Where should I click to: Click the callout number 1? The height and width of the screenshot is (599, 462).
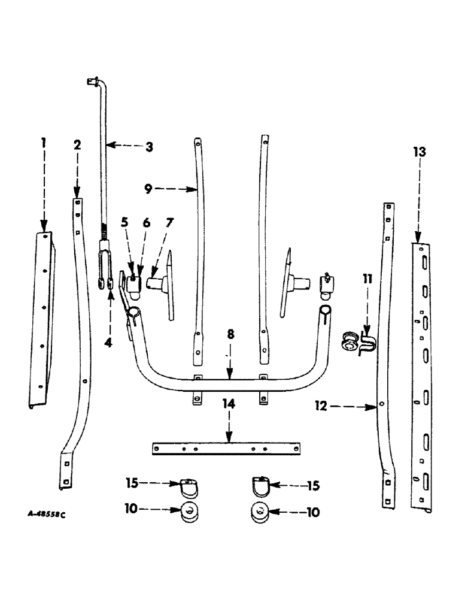[43, 144]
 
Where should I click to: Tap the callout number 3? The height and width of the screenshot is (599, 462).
[148, 146]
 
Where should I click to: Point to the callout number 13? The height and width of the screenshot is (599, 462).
[420, 152]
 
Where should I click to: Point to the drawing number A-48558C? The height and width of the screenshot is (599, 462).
[45, 515]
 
